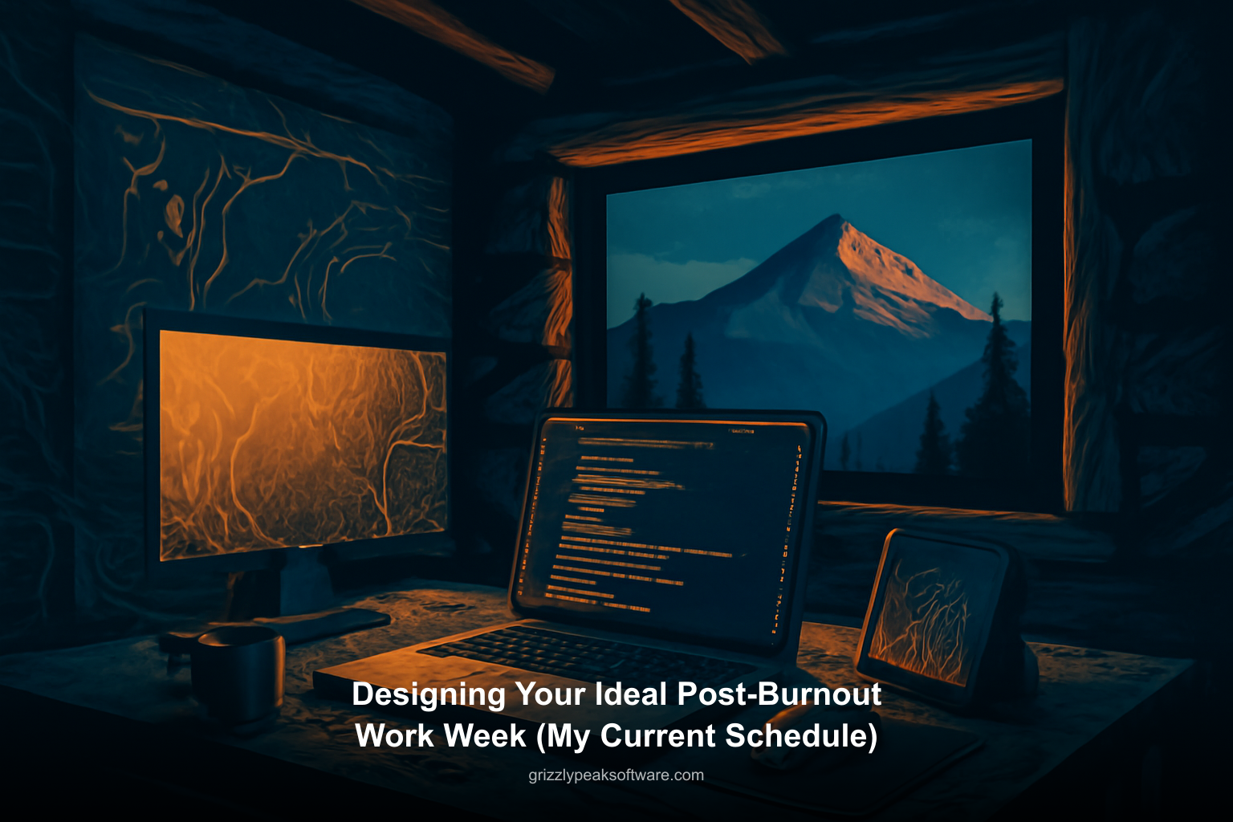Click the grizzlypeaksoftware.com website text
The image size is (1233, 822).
[616, 775]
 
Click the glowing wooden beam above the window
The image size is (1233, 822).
[803, 120]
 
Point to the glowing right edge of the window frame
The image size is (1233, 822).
[1070, 321]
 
